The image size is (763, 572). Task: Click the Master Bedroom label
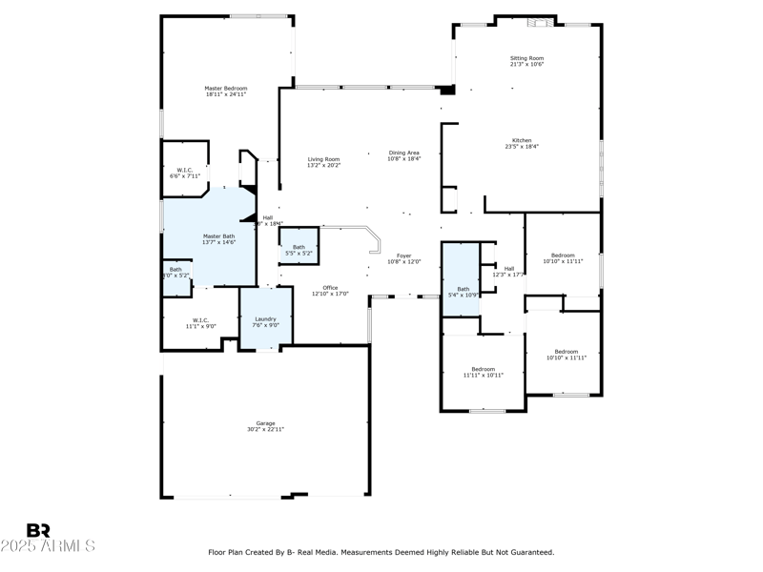(x=226, y=89)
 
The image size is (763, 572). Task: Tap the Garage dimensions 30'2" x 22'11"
(x=264, y=430)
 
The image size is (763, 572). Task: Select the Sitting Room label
(x=526, y=58)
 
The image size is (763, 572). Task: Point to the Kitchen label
(x=522, y=140)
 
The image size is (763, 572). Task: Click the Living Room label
(x=323, y=159)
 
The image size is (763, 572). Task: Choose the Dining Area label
(x=404, y=153)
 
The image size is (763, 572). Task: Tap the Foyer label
(x=404, y=255)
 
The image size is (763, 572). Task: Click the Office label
(x=330, y=287)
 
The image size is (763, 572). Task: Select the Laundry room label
(x=265, y=318)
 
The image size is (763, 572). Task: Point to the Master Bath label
(x=218, y=235)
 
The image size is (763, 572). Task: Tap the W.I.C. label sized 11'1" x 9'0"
(x=200, y=319)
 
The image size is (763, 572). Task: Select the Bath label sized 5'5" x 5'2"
(x=299, y=247)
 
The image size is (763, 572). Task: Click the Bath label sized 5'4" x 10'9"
(x=463, y=289)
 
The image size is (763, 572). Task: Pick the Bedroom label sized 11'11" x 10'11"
(x=484, y=369)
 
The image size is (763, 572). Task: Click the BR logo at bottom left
(x=39, y=530)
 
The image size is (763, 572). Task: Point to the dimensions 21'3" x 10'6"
(x=526, y=65)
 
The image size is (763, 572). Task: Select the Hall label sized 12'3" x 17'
(x=509, y=268)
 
